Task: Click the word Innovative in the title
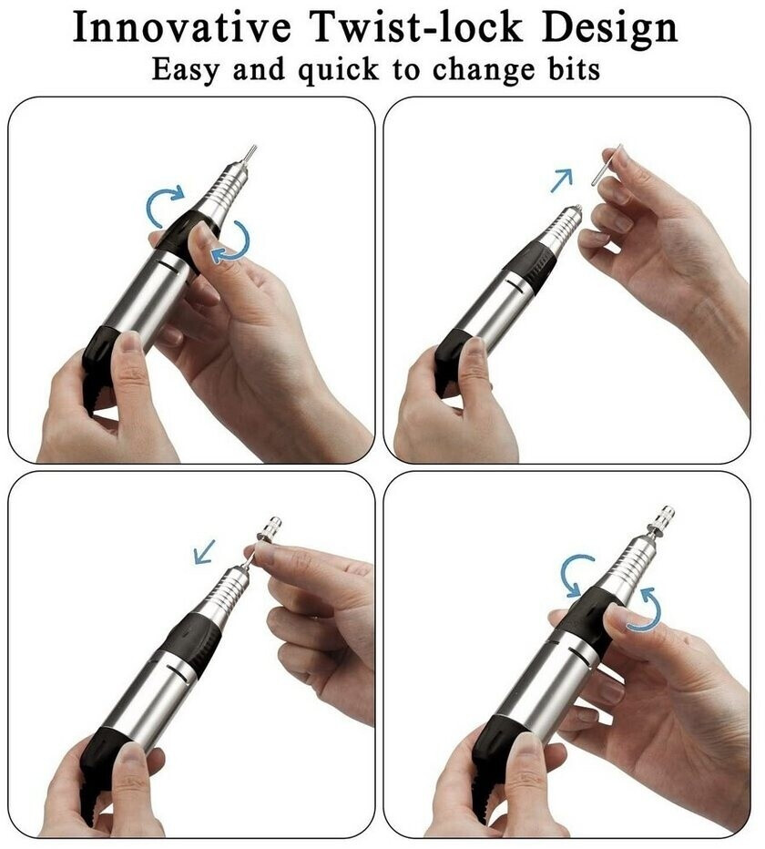click(x=181, y=27)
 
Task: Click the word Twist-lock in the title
click(x=417, y=27)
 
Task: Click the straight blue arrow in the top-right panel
click(x=561, y=180)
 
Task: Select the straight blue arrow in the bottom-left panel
click(x=205, y=551)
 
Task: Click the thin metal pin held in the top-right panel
click(x=607, y=165)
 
